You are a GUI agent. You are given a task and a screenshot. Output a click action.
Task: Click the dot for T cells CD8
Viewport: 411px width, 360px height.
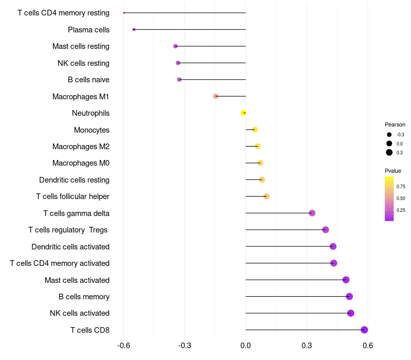point(364,330)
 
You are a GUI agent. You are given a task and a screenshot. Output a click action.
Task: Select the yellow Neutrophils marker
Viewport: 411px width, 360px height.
point(243,113)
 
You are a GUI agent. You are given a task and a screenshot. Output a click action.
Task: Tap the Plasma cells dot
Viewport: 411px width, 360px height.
point(134,29)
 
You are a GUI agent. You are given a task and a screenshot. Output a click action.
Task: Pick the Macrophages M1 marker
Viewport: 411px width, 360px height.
point(215,96)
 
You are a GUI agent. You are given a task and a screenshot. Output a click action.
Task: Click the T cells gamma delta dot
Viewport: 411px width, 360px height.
point(312,213)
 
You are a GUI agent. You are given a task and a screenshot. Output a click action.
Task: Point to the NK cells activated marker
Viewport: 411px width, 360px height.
point(351,313)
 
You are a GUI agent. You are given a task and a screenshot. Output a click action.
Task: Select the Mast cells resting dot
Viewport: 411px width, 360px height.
point(175,46)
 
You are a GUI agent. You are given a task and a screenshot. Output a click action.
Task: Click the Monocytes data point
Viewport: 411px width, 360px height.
point(254,130)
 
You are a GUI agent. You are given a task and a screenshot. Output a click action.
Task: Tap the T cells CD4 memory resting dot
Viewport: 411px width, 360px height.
point(124,12)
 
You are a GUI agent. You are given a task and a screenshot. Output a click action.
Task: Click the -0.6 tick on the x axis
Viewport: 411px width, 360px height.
point(123,345)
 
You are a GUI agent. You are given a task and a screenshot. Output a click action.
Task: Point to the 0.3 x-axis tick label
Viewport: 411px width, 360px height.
point(307,345)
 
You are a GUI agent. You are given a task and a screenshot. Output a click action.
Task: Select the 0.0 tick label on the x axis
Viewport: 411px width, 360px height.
point(246,345)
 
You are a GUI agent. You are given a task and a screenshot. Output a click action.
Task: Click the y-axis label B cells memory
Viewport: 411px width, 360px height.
point(84,297)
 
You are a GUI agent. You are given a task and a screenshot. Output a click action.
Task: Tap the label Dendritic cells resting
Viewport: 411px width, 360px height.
point(74,179)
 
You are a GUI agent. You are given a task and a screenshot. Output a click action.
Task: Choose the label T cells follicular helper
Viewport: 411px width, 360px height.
point(72,196)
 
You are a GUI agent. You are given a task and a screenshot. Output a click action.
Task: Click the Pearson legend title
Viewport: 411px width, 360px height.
point(395,124)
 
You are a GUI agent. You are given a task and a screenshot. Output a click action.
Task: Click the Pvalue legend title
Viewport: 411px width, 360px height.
point(393,171)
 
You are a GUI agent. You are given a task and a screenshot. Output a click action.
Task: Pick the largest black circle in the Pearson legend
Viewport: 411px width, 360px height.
point(389,152)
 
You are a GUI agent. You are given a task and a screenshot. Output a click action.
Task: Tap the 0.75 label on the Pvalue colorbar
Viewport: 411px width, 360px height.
point(401,187)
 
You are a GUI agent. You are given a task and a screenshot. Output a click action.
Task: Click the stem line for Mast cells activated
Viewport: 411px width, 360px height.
point(296,280)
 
